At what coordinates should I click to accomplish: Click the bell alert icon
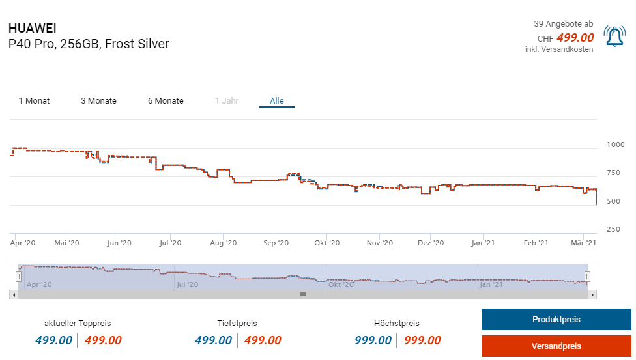pos(614,36)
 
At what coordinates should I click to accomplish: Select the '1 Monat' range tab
pos(34,101)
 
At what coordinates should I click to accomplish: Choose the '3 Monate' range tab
pos(98,101)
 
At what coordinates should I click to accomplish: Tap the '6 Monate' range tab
pos(166,101)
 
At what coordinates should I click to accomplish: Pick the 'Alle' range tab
pos(277,101)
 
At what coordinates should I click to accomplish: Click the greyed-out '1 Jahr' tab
pos(227,101)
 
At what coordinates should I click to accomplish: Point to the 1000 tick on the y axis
pos(615,145)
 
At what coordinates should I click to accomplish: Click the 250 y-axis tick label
pos(613,229)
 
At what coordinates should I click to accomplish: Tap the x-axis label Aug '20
pos(223,243)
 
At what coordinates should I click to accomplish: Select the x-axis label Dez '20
pos(430,243)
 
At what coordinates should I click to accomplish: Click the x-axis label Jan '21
pos(482,243)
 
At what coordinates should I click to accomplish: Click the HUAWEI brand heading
pos(32,29)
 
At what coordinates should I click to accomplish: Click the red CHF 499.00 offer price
pos(575,38)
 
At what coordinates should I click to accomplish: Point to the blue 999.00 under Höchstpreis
pos(373,340)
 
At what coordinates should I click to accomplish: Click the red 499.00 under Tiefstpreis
pos(263,340)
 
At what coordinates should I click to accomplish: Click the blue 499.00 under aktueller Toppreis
pos(53,340)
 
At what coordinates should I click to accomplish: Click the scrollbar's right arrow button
pos(592,295)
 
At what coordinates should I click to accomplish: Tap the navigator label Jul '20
pos(186,284)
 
